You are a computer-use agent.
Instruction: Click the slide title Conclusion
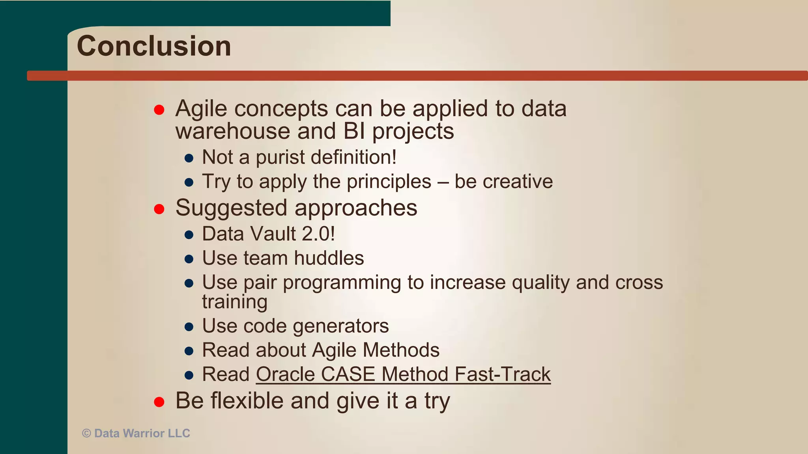click(154, 46)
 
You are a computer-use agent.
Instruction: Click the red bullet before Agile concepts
click(159, 110)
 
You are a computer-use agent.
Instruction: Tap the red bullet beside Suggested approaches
click(159, 209)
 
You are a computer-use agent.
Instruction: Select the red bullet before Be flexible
click(159, 402)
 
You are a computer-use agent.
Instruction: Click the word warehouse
click(233, 131)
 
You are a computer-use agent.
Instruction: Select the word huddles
click(329, 259)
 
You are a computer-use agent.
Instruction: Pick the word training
click(235, 302)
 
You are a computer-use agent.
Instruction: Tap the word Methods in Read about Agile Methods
click(401, 350)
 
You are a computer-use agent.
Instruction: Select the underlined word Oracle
click(285, 374)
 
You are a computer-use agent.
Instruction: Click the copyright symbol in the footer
click(86, 434)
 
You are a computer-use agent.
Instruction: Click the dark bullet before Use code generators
click(189, 327)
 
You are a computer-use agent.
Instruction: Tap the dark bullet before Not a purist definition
click(189, 158)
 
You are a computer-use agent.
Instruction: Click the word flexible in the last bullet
click(247, 401)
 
